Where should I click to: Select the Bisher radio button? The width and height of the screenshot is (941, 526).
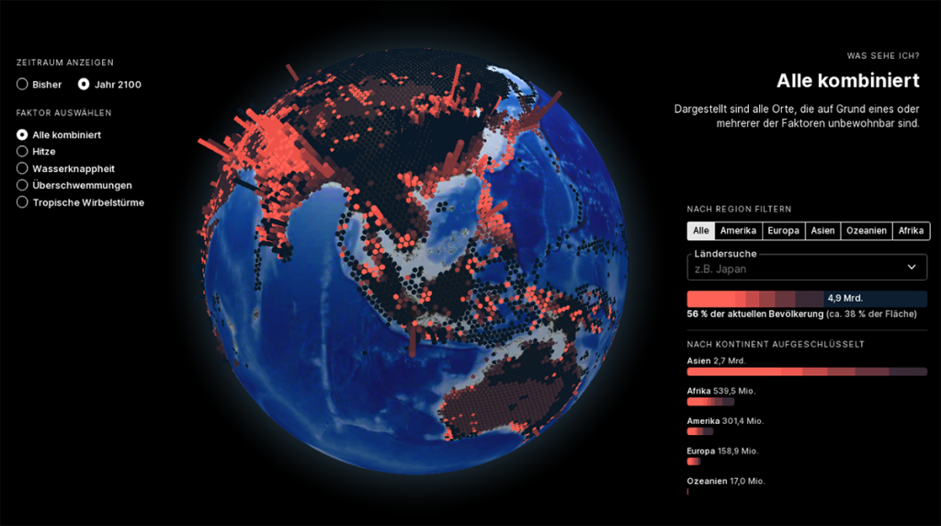[22, 85]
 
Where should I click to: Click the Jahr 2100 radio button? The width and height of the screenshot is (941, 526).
[84, 85]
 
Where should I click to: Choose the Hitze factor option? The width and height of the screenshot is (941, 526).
[22, 152]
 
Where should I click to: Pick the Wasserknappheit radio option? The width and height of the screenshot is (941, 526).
[22, 168]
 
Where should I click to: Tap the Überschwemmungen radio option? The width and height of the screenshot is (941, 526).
[22, 185]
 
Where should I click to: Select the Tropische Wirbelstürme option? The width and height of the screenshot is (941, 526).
[22, 202]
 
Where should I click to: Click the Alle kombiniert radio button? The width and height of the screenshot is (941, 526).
[22, 135]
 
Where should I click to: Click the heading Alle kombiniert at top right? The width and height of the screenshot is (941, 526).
[847, 81]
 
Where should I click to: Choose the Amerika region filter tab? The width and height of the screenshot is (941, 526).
[738, 231]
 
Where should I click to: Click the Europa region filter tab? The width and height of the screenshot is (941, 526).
[783, 231]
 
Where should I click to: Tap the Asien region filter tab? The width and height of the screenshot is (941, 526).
[822, 231]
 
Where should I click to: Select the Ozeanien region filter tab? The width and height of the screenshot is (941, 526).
[867, 231]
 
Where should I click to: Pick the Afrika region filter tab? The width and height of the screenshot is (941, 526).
[911, 231]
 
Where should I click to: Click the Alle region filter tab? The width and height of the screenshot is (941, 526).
[700, 231]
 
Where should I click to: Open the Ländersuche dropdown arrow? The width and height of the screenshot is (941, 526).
[912, 268]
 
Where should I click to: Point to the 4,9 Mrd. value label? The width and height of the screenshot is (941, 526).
[845, 299]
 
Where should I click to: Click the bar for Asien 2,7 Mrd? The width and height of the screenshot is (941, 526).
[806, 372]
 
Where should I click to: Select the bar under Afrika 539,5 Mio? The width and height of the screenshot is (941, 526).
[710, 402]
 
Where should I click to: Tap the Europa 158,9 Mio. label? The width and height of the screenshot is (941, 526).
[722, 451]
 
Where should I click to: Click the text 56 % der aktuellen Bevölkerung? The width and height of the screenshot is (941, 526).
[754, 314]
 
